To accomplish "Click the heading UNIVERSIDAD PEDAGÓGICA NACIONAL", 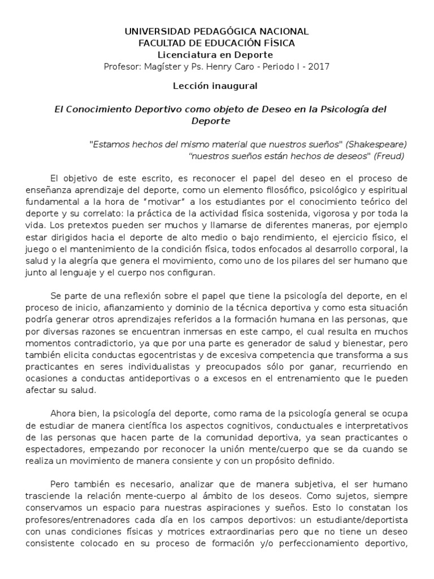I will coord(216,32).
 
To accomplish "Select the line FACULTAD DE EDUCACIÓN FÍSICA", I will coord(216,43).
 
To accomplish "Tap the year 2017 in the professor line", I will coord(318,66).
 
